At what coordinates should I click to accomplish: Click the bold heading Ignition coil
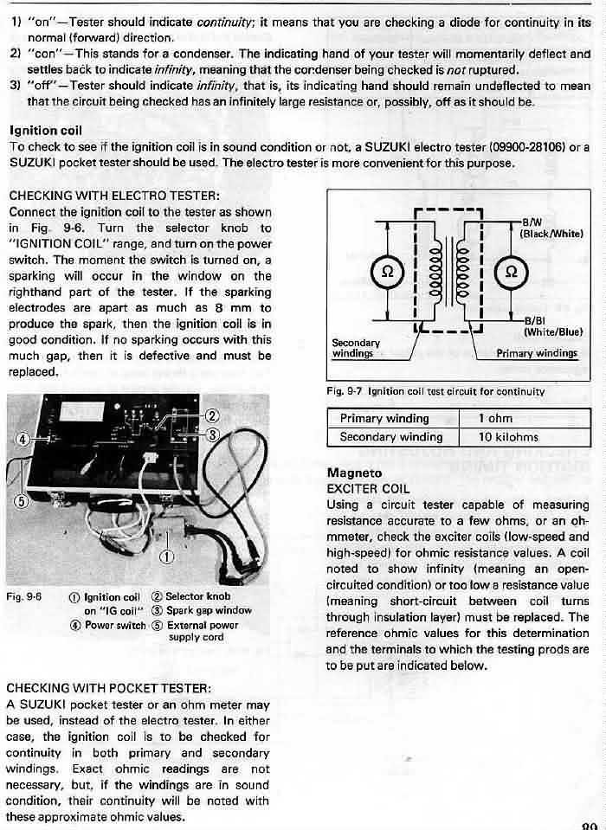point(45,130)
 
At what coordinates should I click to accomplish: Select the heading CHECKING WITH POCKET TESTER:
point(109,688)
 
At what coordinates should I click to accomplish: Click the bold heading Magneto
point(354,473)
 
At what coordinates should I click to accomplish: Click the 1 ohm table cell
point(494,419)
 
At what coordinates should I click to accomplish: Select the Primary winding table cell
point(384,419)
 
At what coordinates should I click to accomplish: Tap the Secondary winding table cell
point(391,437)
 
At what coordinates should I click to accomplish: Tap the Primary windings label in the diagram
point(536,352)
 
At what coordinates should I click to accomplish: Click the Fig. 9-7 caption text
point(435,391)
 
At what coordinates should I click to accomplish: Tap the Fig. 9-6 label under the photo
point(23,597)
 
